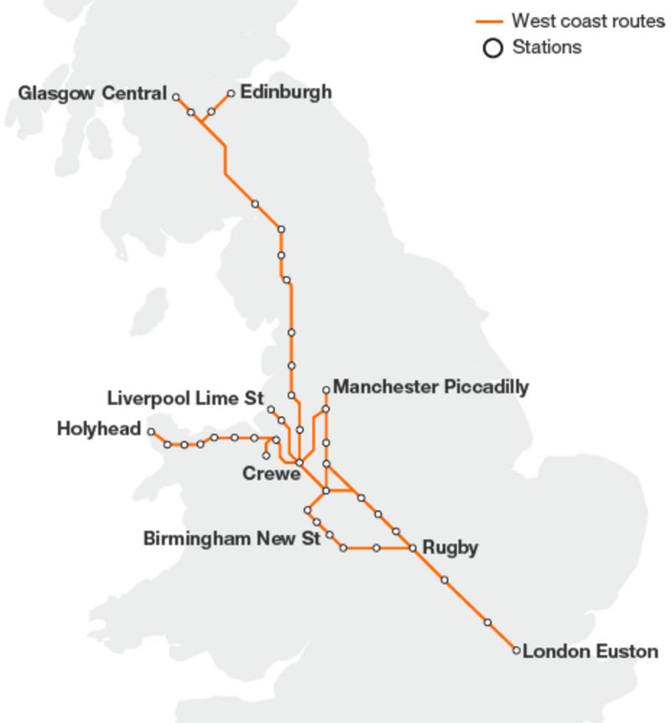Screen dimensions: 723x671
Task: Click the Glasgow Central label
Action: point(92,93)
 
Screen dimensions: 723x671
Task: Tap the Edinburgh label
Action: point(285,91)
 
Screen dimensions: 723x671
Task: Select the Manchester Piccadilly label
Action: point(430,387)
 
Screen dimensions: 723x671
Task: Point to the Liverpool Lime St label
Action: point(185,397)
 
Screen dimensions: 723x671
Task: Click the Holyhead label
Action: point(99,429)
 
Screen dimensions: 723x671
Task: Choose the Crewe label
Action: point(271,474)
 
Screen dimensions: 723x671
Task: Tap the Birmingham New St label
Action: point(231,538)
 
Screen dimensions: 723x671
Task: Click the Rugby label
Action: point(450,548)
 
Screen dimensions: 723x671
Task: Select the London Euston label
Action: point(590,651)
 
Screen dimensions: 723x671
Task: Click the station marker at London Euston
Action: point(516,650)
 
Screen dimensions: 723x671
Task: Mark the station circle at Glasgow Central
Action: point(176,97)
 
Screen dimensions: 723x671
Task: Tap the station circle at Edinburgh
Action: point(231,93)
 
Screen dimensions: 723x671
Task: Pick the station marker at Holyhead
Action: point(152,431)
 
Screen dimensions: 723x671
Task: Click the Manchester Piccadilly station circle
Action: point(326,390)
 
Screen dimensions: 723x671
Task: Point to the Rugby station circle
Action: point(413,549)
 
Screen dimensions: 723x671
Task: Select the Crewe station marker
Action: point(299,462)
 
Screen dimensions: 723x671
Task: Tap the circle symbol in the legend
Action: point(494,48)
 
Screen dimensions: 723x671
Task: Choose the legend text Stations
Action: point(546,47)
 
